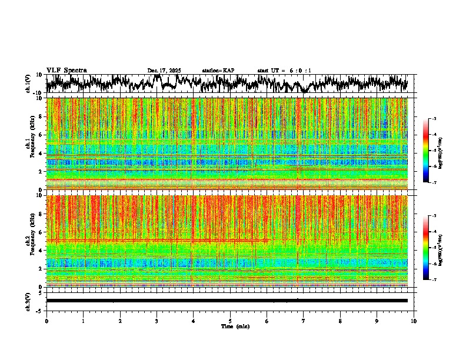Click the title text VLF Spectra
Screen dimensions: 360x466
[x=66, y=70]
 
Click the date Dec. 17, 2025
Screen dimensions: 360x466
[x=164, y=71]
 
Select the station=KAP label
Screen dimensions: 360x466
[x=218, y=71]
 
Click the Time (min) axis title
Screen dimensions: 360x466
[x=235, y=326]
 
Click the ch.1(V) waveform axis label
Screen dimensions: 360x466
[x=28, y=84]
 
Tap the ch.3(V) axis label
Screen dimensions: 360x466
[x=28, y=301]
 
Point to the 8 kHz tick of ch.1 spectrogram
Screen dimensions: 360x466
[x=41, y=116]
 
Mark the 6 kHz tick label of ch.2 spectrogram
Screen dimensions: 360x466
[x=41, y=232]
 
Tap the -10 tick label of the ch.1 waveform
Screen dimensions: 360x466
[x=37, y=93]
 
